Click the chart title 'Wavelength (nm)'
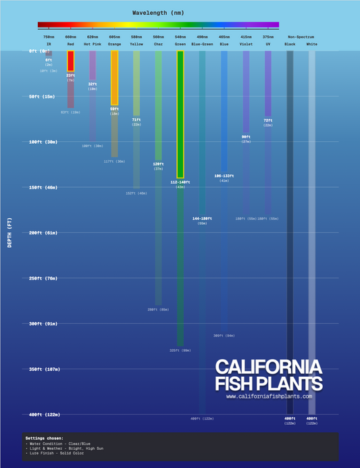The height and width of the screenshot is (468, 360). (157, 12)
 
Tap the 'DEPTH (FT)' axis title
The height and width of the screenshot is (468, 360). (9, 232)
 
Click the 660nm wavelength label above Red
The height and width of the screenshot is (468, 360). (70, 36)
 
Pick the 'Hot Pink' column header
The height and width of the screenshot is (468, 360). (93, 44)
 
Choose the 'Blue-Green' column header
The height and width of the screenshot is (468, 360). (202, 44)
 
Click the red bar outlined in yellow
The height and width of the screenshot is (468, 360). (70, 61)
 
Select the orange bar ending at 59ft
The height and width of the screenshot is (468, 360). (115, 78)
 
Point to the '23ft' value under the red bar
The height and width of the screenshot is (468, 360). (70, 76)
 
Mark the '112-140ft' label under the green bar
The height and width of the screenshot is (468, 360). (180, 182)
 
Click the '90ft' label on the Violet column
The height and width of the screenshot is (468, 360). (246, 136)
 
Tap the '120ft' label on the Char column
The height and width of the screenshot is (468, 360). (158, 164)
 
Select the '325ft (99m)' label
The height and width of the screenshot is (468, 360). (180, 350)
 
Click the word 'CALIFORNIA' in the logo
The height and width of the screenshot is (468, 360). (268, 367)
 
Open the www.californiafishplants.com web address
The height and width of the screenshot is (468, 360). (269, 396)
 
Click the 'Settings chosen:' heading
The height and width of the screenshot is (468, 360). (43, 438)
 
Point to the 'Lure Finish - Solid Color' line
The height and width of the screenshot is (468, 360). (61, 454)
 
